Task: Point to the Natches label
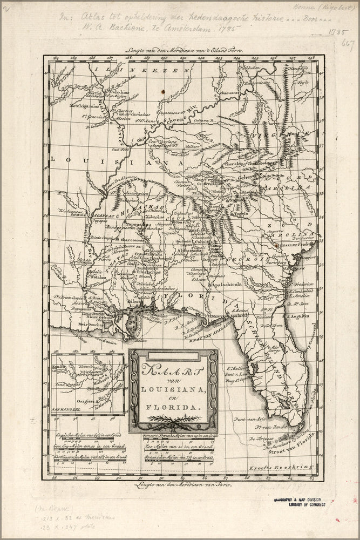point(97,278)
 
